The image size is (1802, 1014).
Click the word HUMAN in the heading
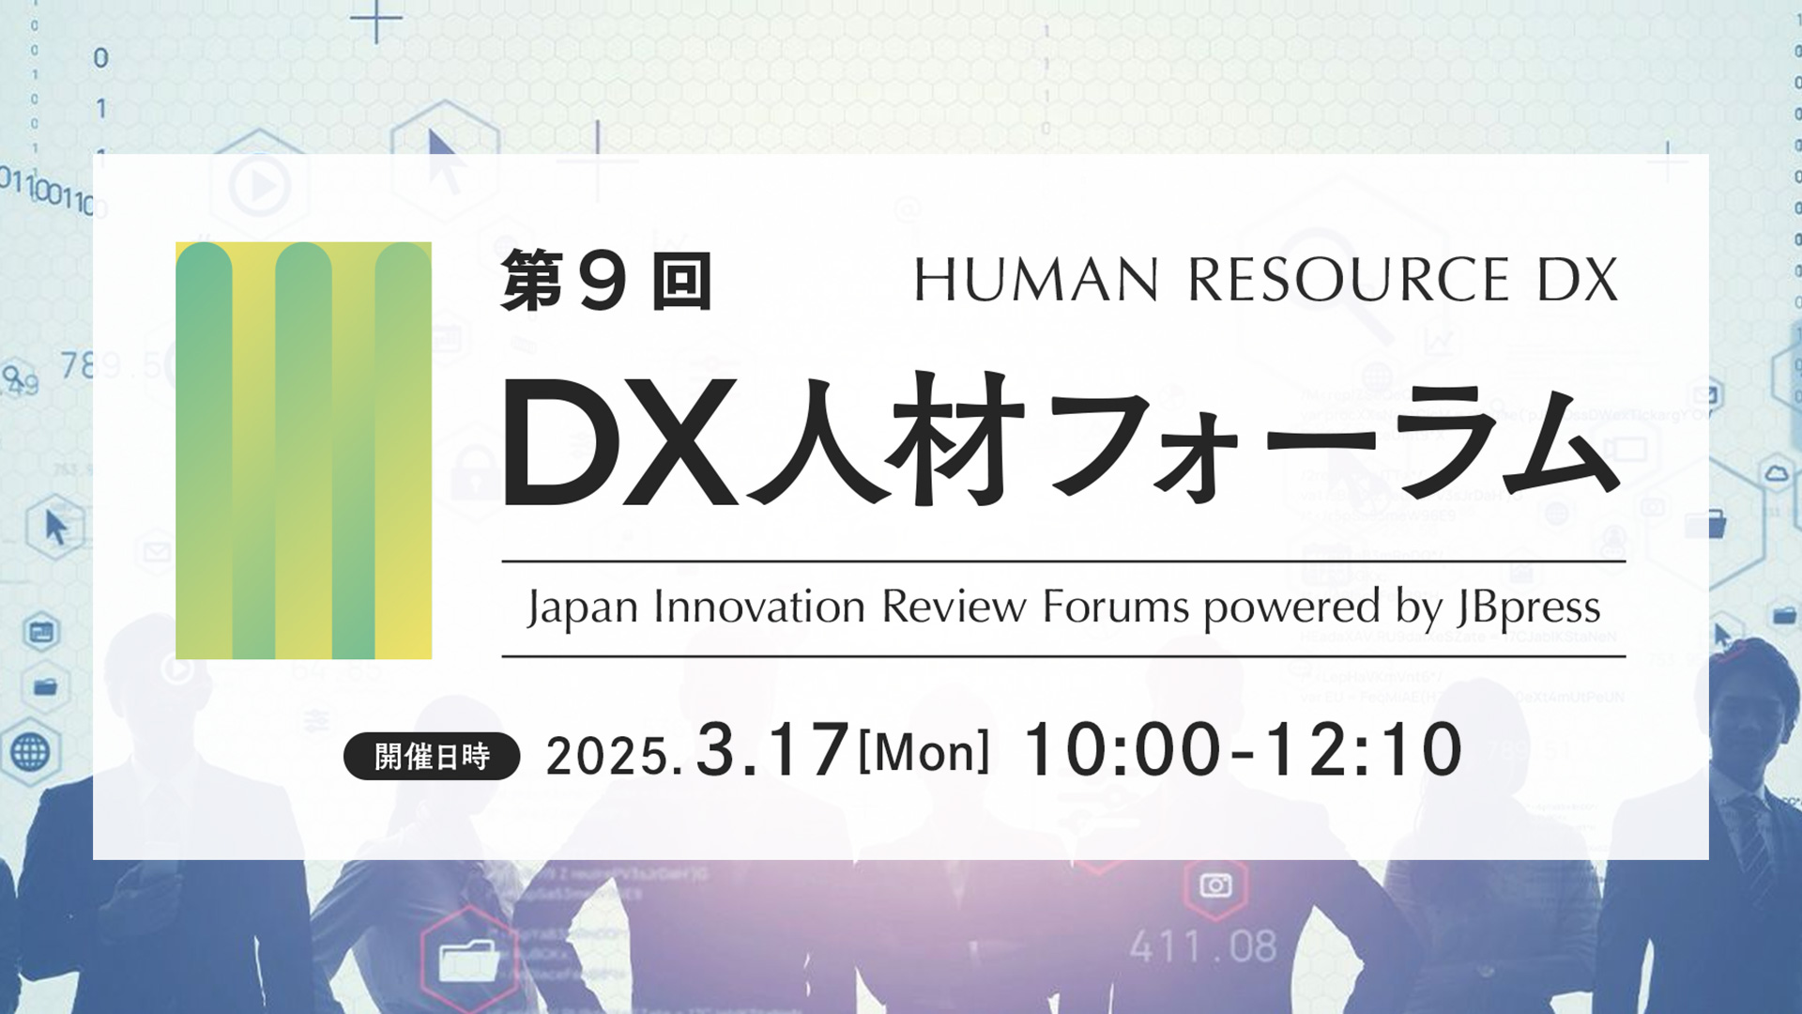click(1036, 280)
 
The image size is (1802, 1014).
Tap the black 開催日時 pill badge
click(432, 756)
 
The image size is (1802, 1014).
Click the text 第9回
click(605, 281)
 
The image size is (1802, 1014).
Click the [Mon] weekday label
click(924, 753)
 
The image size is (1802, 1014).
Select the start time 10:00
click(1122, 751)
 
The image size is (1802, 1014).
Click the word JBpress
click(1529, 608)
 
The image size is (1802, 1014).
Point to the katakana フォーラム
click(1333, 441)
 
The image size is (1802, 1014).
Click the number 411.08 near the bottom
click(1203, 946)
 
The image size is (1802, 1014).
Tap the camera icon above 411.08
click(1215, 885)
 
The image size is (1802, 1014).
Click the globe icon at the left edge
click(30, 751)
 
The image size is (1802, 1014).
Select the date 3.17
click(771, 751)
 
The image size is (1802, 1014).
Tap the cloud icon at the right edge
click(1776, 472)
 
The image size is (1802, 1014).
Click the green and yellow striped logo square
click(303, 451)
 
